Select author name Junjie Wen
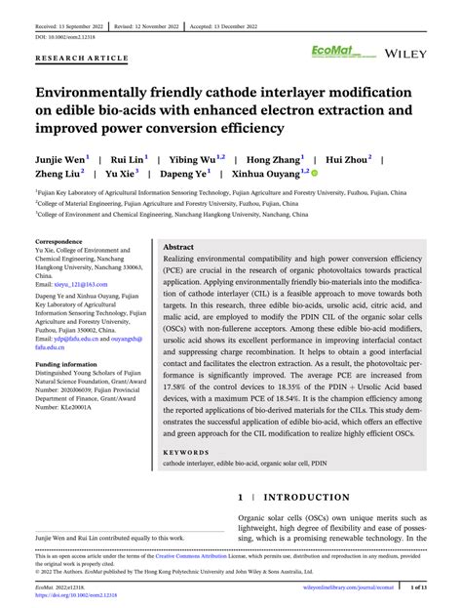[59, 157]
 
